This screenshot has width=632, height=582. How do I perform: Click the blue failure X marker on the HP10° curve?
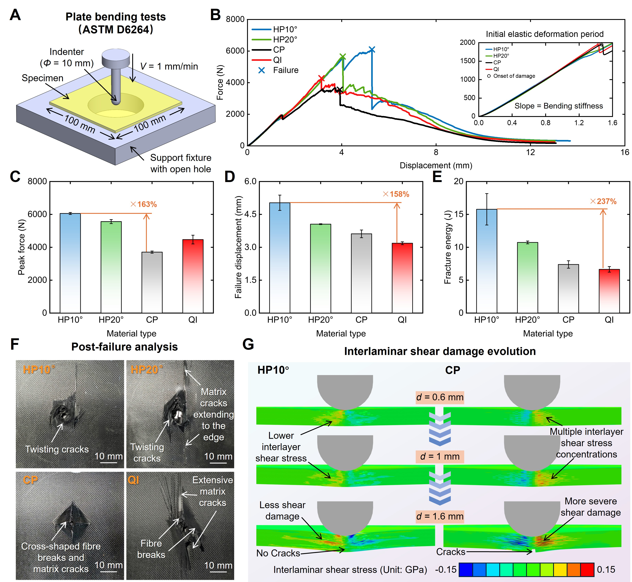(x=372, y=49)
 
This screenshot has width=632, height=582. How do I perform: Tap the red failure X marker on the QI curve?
(x=321, y=78)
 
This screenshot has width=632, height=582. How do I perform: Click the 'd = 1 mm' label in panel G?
(x=440, y=456)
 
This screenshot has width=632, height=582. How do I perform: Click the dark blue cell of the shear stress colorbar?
(x=466, y=569)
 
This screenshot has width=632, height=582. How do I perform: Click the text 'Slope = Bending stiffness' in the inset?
(x=559, y=106)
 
